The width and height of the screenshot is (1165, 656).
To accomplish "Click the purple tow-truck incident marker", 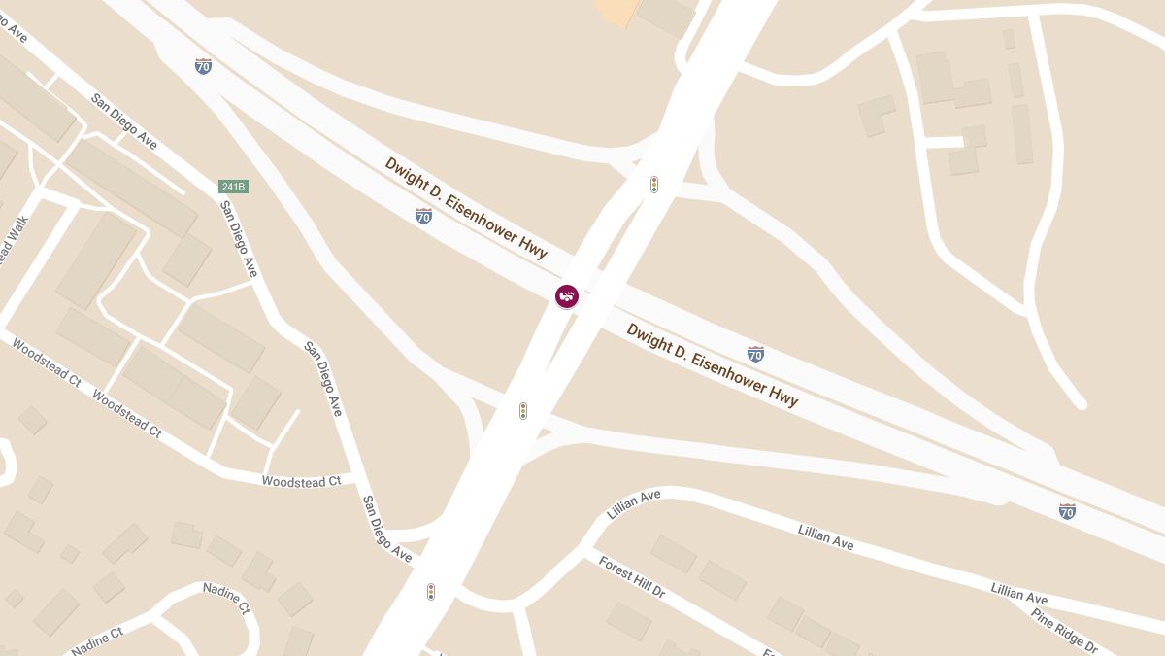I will [567, 295].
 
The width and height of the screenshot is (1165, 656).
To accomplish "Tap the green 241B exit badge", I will [233, 187].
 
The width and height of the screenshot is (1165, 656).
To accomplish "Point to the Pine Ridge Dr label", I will [1064, 632].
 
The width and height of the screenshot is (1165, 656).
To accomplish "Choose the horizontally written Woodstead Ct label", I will [302, 481].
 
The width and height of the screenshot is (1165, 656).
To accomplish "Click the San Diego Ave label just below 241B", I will [239, 239].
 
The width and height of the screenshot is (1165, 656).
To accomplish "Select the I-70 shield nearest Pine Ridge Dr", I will [1067, 511].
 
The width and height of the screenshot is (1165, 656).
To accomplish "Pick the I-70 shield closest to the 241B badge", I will [203, 66].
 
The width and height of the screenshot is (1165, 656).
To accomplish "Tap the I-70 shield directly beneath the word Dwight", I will [423, 216].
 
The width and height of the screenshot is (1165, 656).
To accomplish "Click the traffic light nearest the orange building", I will [654, 184].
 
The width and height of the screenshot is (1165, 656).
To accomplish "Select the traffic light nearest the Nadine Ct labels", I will [431, 591].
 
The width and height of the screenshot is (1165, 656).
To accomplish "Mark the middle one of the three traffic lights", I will [523, 411].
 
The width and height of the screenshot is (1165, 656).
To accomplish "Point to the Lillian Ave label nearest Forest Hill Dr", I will [634, 503].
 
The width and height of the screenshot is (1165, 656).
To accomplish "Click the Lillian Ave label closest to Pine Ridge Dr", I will [1019, 592].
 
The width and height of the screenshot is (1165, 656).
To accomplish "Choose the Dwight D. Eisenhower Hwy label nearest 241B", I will [466, 207].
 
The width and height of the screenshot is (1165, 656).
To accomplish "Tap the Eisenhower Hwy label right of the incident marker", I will [713, 364].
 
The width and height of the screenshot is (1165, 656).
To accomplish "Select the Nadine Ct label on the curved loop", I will [226, 599].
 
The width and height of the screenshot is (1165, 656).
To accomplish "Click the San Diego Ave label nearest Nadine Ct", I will [386, 529].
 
